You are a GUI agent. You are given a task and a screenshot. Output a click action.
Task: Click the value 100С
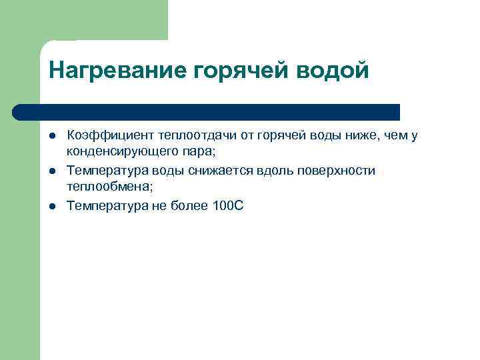pyautogui.click(x=228, y=205)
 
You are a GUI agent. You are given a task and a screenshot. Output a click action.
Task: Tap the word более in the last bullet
pyautogui.click(x=187, y=205)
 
